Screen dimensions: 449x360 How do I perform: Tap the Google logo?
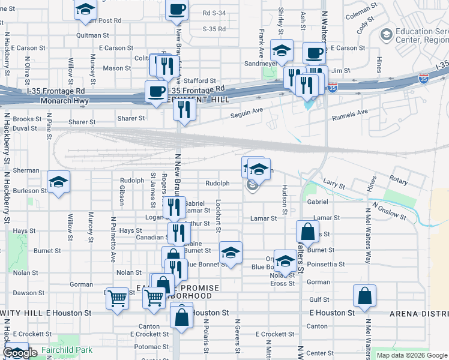click(20, 353)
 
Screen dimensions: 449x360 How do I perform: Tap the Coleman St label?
click(360, 8)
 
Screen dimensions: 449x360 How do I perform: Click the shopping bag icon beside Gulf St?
click(364, 296)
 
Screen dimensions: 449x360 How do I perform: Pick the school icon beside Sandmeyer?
click(281, 50)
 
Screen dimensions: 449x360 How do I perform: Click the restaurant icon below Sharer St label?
click(184, 109)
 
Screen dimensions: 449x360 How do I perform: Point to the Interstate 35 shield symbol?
click(332, 88)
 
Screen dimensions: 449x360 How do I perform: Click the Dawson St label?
click(25, 293)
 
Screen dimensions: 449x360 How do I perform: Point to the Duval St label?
click(25, 128)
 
